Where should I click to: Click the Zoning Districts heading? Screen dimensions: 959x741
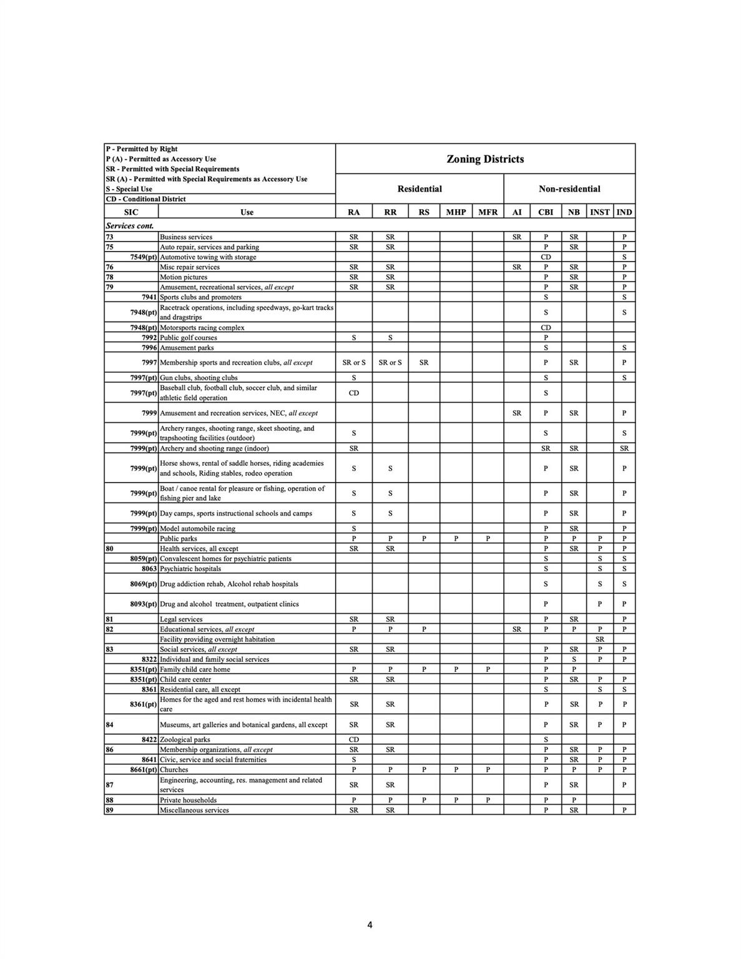485,159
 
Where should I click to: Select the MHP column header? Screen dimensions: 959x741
456,212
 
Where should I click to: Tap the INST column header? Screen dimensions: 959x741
599,212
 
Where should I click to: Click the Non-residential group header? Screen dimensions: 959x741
569,189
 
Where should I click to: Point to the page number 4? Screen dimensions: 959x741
370,925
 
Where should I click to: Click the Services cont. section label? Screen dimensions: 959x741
130,226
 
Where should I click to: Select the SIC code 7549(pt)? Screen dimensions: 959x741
144,257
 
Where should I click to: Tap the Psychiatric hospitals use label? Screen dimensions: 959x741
190,569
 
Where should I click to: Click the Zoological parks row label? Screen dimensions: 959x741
185,740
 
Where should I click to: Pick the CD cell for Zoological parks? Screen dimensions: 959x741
354,740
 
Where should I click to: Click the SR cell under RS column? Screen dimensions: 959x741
424,363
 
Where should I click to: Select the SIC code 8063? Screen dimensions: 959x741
149,569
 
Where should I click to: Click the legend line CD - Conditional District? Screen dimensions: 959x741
145,199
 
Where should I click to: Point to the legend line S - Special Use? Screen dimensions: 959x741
129,189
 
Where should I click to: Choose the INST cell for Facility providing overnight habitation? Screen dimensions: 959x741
599,639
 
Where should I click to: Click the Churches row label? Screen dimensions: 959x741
174,770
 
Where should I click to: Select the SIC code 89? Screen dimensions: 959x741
110,810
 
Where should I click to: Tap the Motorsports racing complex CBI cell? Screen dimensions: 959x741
546,328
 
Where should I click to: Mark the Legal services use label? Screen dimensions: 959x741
181,619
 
